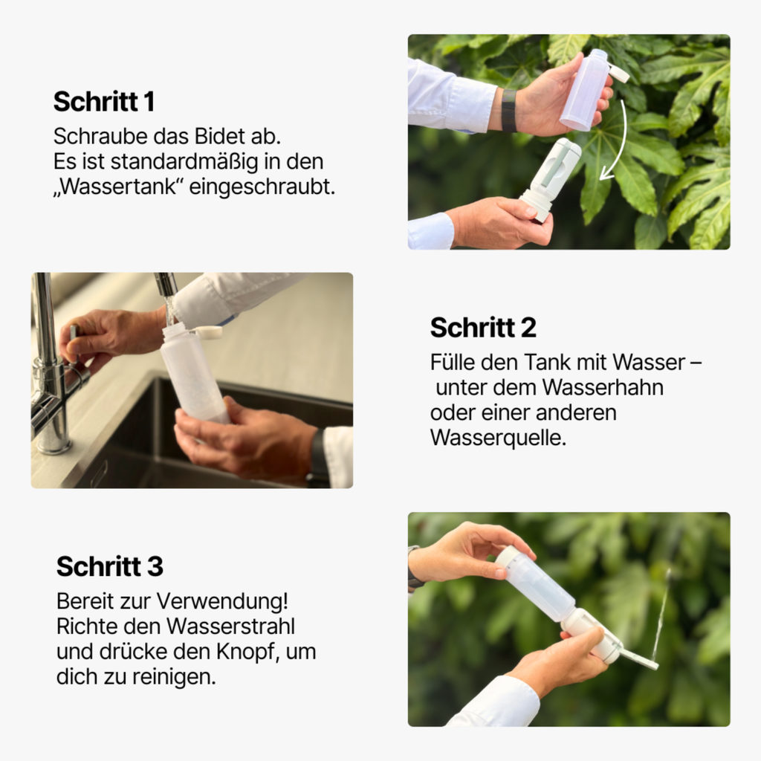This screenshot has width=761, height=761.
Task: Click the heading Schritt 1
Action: (x=103, y=102)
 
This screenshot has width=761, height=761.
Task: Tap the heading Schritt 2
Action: (x=483, y=327)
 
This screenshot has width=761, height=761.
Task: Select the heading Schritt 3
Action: (x=109, y=566)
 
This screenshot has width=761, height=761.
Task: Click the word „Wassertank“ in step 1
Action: (x=117, y=187)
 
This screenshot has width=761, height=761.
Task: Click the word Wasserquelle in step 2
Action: (x=498, y=438)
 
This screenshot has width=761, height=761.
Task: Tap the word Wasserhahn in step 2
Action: (x=603, y=387)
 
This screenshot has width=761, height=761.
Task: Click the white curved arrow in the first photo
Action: (x=618, y=145)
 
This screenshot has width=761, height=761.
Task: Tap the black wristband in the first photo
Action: (x=508, y=110)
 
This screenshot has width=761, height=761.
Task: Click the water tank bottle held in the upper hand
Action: (x=585, y=89)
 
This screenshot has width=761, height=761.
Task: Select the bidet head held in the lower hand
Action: (x=553, y=176)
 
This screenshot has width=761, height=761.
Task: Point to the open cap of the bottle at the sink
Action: (x=207, y=332)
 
